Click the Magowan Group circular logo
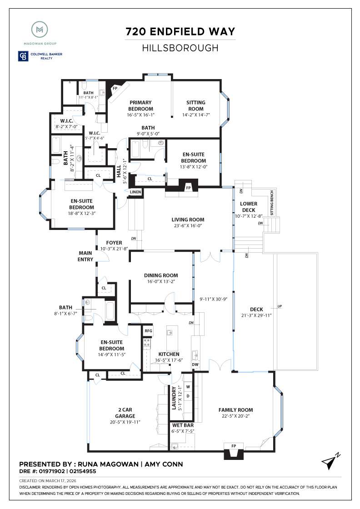coord(40,30)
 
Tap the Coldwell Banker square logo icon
coord(23,56)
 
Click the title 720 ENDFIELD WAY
coord(180,32)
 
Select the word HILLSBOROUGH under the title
coord(180,47)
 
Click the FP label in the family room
coord(234,446)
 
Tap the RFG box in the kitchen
coord(148,331)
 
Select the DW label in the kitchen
coord(195,364)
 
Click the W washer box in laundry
coord(188,387)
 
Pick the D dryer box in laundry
coord(188,396)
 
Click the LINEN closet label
coord(135,192)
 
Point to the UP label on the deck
coord(280,306)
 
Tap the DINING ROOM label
coord(161,275)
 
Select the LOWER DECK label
coord(249,207)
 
